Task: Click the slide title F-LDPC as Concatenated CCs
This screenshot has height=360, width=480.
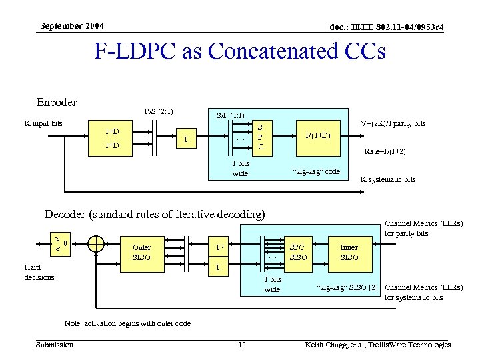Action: coord(240,51)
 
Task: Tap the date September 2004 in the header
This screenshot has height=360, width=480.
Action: coord(71,26)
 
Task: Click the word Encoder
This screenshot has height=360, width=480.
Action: coord(57,102)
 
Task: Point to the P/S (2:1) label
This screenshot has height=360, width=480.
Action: coord(159,111)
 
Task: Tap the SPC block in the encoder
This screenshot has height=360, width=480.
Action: coord(260,137)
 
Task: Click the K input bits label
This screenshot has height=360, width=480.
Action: coord(43,123)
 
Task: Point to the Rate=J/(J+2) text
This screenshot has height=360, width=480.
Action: coord(385,151)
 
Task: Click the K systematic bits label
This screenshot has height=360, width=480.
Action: coord(387,179)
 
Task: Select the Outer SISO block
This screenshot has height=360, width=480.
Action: coord(141,252)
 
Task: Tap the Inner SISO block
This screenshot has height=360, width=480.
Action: coord(349,252)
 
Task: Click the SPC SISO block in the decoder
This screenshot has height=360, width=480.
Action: coord(298,252)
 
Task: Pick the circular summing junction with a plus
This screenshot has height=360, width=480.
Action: coord(96,245)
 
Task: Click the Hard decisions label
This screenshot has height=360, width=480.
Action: coord(39,272)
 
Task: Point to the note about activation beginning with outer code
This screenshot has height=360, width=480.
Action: coord(127,323)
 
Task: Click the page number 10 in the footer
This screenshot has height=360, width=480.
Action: coord(242,345)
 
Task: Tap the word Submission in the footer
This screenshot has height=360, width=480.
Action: coord(55,345)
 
